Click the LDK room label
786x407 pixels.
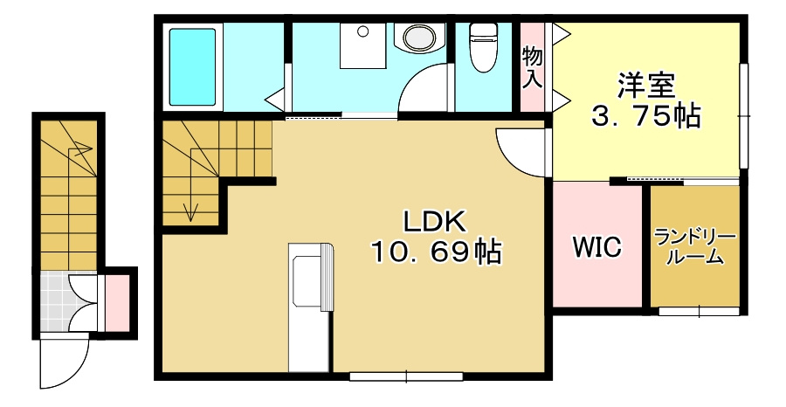[x=435, y=223]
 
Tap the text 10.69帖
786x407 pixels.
[x=436, y=252]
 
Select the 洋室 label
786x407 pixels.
[x=646, y=86]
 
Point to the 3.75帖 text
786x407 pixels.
[x=645, y=117]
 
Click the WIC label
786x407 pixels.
[x=597, y=246]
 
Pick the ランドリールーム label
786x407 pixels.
[x=696, y=247]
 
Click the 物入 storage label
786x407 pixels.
[x=532, y=67]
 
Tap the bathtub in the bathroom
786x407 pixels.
[x=192, y=66]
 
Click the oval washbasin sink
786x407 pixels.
[x=419, y=38]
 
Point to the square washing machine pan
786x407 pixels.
[x=363, y=45]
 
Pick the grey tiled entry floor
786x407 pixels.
[x=55, y=301]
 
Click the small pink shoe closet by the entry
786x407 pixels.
[x=117, y=303]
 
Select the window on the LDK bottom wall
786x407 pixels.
[x=406, y=376]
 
